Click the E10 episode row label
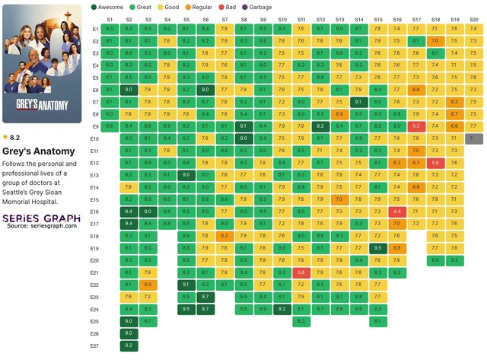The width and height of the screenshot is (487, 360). [95, 139]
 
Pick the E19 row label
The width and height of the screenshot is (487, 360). [95, 248]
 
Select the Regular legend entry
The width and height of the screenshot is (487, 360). [199, 6]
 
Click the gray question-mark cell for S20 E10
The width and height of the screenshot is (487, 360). [474, 139]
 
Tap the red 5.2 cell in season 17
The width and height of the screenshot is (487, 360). [416, 126]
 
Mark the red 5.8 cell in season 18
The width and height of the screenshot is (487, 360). [435, 163]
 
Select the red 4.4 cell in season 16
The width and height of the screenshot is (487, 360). [397, 212]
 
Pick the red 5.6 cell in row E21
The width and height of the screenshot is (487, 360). [301, 272]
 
